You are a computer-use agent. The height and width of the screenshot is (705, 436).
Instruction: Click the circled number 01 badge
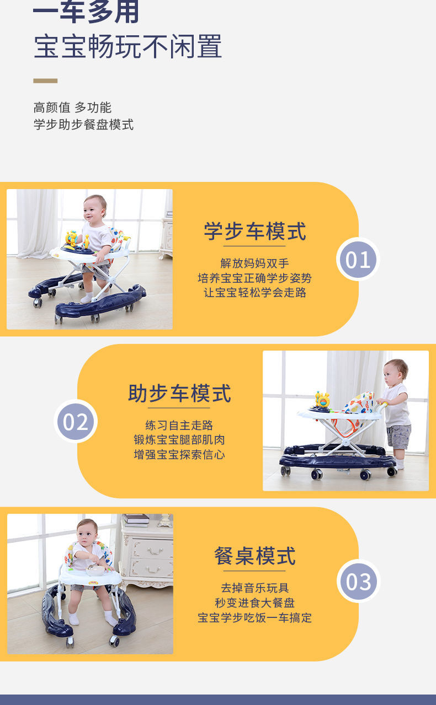click(358, 259)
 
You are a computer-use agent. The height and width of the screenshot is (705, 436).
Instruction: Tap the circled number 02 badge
click(75, 421)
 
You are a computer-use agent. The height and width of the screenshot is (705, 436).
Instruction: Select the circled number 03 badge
click(358, 581)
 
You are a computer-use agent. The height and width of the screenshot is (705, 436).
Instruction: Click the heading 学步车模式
click(254, 231)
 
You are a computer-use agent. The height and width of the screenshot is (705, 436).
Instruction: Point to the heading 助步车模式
click(179, 393)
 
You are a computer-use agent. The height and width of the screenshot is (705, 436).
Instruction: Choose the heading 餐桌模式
click(254, 556)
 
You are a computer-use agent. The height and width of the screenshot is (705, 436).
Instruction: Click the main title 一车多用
click(86, 12)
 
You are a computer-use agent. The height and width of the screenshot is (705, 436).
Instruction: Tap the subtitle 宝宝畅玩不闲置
click(128, 47)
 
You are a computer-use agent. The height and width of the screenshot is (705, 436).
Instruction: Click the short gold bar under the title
click(45, 81)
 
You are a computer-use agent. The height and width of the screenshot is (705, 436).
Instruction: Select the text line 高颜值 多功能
click(72, 107)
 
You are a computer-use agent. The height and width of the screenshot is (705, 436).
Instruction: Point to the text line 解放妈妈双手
click(254, 263)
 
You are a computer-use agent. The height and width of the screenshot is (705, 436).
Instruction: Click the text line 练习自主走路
click(179, 425)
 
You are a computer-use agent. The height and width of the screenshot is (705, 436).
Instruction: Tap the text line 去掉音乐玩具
click(254, 588)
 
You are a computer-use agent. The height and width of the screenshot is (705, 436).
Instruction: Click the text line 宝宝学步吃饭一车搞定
click(254, 618)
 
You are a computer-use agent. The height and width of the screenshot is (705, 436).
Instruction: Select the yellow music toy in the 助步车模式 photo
click(322, 400)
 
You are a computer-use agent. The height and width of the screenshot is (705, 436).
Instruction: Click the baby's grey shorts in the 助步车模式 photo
click(398, 437)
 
